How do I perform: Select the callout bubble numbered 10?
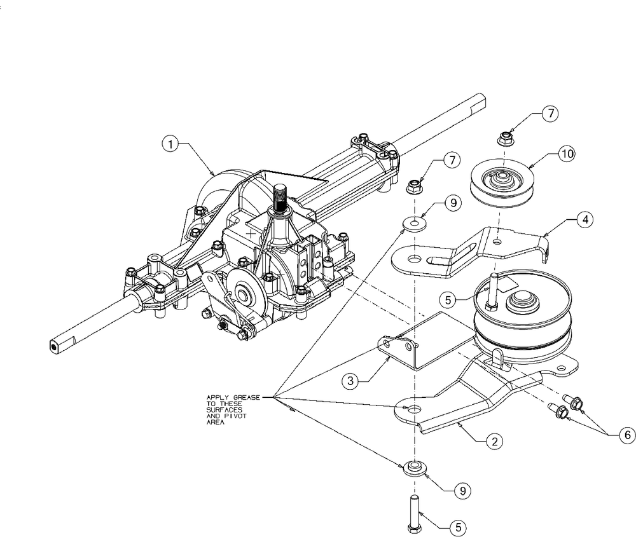click(x=566, y=154)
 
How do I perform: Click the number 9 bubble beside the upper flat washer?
click(x=451, y=204)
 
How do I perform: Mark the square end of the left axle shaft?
click(x=55, y=346)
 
